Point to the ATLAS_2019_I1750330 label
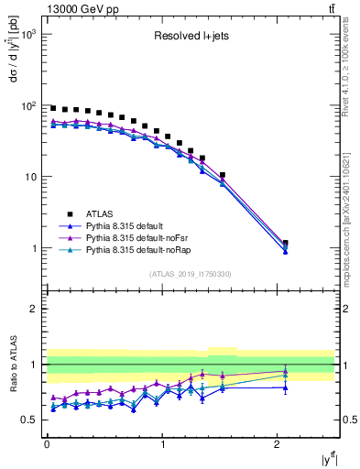point(190,274)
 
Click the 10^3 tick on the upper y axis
point(31,34)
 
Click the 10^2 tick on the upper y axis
point(31,105)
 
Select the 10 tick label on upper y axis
point(33,177)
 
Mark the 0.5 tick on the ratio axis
point(29,420)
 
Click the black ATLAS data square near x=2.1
point(286,244)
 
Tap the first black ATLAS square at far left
point(53,108)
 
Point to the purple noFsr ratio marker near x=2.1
point(286,372)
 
